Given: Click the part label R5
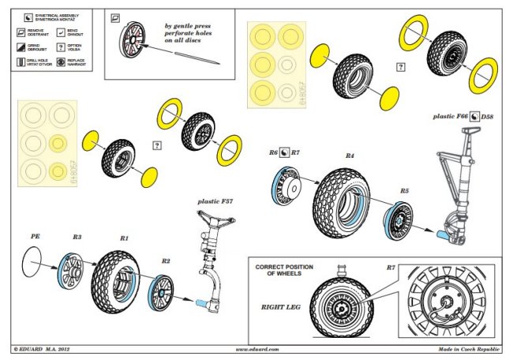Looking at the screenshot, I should (x=404, y=191).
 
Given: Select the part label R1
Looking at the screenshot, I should (x=124, y=237).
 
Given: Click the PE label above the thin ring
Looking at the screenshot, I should (x=35, y=236).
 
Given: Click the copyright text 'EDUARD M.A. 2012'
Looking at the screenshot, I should (x=47, y=348).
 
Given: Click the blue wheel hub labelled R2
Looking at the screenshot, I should (x=163, y=293).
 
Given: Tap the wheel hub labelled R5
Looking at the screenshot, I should (x=403, y=221).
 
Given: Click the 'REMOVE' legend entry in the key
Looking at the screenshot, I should (x=39, y=33).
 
